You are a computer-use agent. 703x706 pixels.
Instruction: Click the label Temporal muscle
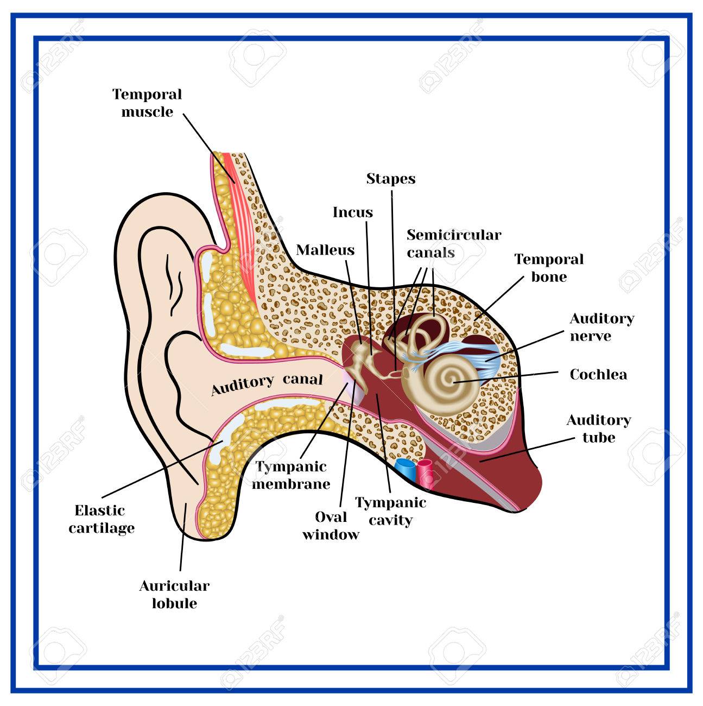(147, 103)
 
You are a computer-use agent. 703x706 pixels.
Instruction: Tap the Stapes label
(390, 179)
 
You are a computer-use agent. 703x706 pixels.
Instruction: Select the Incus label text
(353, 212)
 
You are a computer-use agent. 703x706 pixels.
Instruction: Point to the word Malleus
(325, 250)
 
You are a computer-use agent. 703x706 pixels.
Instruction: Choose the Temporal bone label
(549, 268)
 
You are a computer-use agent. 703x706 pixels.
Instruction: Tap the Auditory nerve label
(601, 327)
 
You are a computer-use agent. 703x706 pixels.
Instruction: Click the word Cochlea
(598, 374)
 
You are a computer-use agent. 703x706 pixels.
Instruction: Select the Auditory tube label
(599, 428)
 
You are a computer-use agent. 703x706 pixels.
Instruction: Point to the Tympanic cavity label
(391, 511)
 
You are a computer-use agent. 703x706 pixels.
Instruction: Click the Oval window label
(331, 525)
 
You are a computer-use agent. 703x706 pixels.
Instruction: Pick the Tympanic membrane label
(292, 475)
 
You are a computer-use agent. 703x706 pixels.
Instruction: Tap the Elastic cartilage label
(102, 519)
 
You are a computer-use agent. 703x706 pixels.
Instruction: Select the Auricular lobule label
(174, 594)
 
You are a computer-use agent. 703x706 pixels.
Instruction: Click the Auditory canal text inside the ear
(267, 383)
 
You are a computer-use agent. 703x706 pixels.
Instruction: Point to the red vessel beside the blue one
(426, 470)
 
